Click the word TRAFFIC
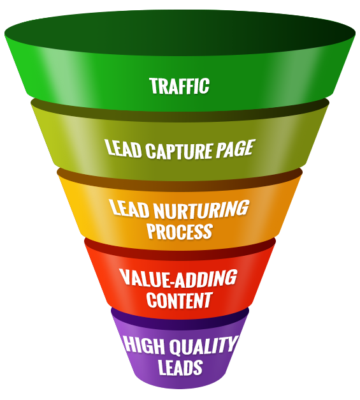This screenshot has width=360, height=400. coord(180,85)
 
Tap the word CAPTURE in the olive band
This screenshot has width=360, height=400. coord(179,151)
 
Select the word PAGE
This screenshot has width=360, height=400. coord(234,148)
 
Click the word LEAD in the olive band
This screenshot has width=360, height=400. coord(124,148)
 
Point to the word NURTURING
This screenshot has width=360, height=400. coord(201,210)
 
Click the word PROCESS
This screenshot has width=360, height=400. coord(180,231)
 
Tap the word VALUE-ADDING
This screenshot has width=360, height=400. coord(178,278)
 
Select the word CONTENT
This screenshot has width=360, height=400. coord(180,300)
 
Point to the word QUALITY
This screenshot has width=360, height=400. coord(203,345)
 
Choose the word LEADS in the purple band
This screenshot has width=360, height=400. coord(180,367)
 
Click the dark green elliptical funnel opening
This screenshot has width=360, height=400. coord(180,33)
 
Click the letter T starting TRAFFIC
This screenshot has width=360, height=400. coord(154,85)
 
